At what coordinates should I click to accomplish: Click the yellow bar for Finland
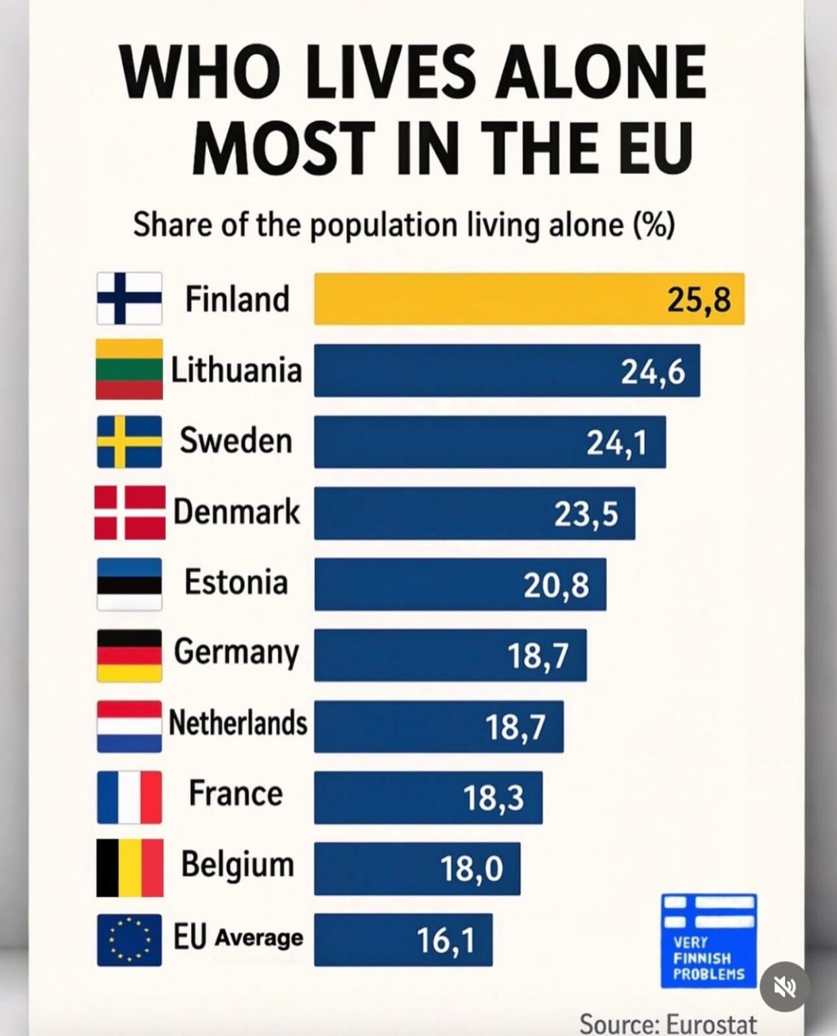coord(529,299)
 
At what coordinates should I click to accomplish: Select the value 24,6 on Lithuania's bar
coord(653,372)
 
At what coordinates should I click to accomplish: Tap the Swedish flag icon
coord(129,442)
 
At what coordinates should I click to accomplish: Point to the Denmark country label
coord(236,512)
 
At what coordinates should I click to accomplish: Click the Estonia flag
coord(129,584)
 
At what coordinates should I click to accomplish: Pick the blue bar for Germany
coord(451,655)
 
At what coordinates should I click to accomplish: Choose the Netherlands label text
coord(238,722)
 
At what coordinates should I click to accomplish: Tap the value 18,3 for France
coord(494,798)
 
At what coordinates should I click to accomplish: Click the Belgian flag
coord(129,868)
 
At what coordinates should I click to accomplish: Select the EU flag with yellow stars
coord(129,940)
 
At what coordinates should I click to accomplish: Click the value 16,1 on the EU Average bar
coord(445,940)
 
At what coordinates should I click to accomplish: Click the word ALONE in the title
coord(601,72)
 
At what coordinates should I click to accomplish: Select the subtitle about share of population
coord(404,225)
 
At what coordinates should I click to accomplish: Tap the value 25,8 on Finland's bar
coord(698,299)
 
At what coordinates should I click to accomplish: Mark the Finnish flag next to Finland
coord(129,298)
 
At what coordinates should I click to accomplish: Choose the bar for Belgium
coord(417,868)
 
